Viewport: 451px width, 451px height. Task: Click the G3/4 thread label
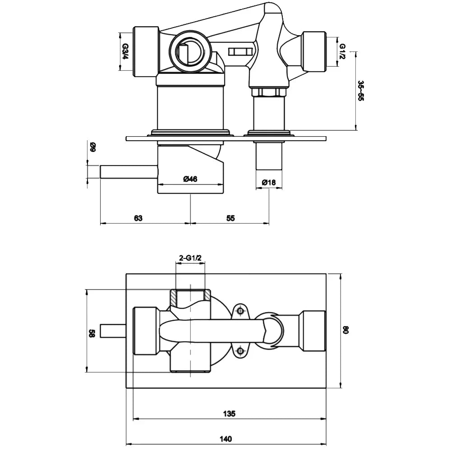(x=126, y=51)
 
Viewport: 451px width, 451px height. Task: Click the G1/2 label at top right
(x=343, y=51)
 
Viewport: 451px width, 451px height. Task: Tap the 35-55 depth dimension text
(x=361, y=91)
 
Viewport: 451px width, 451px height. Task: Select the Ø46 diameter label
(x=190, y=179)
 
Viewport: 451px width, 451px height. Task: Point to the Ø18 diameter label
(x=269, y=182)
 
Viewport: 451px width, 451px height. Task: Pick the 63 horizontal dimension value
(x=138, y=218)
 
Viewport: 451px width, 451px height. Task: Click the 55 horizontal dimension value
(x=230, y=218)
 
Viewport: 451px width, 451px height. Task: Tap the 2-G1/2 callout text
(x=190, y=258)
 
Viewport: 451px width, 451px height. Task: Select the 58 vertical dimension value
(x=92, y=333)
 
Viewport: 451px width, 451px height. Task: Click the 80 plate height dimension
(x=346, y=330)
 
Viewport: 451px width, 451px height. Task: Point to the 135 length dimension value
(x=229, y=414)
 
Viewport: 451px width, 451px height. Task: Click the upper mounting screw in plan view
(x=241, y=310)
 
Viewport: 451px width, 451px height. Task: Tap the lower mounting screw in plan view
(x=240, y=350)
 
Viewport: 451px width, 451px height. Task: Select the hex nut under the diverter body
(x=269, y=92)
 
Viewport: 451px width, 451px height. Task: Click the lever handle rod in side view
(x=129, y=172)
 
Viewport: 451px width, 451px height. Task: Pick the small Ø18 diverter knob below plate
(x=269, y=156)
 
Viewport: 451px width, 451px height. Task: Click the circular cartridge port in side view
(x=189, y=51)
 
